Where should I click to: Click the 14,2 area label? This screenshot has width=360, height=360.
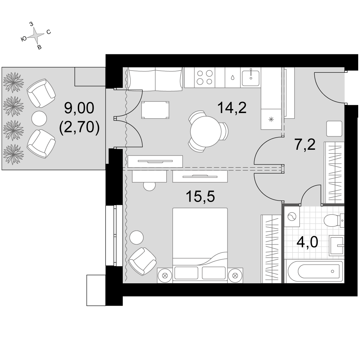232,108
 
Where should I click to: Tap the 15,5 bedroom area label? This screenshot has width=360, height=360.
201,197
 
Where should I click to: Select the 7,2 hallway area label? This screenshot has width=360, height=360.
305,144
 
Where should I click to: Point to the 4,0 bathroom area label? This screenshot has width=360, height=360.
307,242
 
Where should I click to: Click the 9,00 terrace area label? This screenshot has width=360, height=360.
79,108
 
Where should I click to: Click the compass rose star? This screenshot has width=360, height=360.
36,35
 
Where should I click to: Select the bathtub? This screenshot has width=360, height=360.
315,271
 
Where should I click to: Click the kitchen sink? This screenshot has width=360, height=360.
251,77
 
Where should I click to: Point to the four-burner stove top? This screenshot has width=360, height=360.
204,77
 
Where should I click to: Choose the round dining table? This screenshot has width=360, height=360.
206,131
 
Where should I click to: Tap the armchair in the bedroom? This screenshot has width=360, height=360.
142,261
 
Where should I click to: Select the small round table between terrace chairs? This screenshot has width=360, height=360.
39,118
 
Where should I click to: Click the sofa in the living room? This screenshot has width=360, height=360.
156,79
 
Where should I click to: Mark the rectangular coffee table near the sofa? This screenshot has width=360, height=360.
155,110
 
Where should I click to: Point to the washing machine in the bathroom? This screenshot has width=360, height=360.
292,217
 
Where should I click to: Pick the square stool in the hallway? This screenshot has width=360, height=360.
334,129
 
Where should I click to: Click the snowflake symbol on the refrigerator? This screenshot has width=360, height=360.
271,119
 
